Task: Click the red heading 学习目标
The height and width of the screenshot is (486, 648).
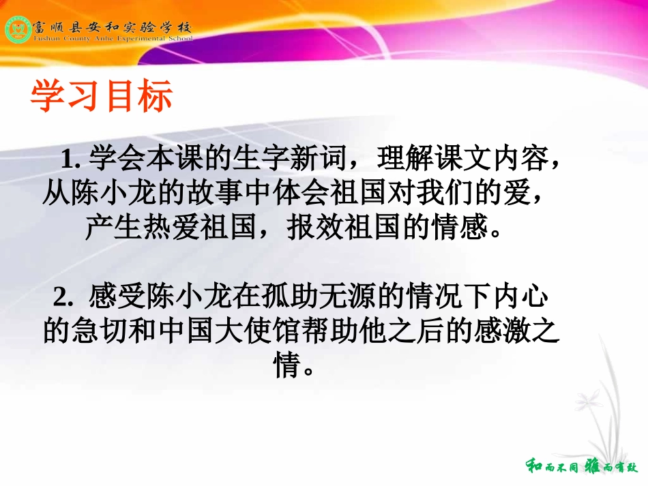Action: click(x=102, y=97)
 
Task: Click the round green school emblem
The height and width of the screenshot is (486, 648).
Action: click(x=17, y=29)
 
